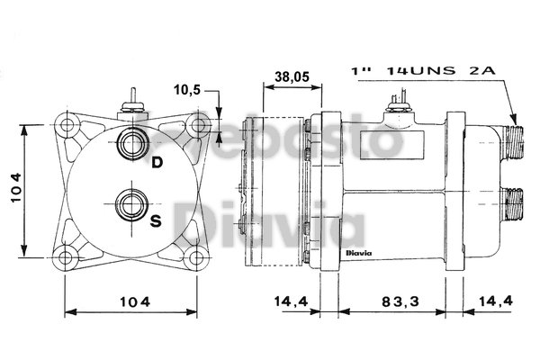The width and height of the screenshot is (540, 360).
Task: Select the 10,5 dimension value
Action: pos(187,91)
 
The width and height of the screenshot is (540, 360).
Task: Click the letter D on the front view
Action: pos(157,162)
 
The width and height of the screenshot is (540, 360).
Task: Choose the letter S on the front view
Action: pos(156,220)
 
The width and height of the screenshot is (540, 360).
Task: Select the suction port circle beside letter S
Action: pos(131,202)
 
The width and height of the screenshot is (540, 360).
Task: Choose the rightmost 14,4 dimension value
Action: pos(495,302)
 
